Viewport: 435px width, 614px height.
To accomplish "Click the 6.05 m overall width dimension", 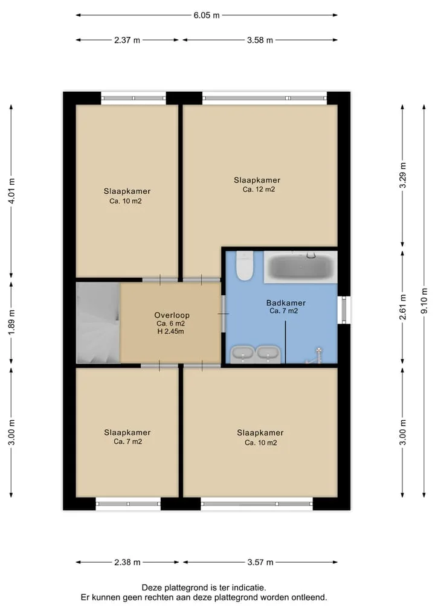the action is pos(207,15).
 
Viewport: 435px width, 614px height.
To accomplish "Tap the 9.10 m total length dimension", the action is pos(424,301).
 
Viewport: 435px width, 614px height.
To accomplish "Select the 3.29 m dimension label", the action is pos(402,175).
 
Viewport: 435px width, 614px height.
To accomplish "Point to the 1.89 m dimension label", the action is pos(11,322).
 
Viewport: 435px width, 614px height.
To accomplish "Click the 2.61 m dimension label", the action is pos(402,307).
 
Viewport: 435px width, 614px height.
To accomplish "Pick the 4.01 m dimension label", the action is pos(11,191).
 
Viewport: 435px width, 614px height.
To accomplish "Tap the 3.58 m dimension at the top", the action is pos(260,40).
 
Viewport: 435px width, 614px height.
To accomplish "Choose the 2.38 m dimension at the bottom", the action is pos(127,562).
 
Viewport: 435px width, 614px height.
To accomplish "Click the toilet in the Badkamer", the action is pos(245,266).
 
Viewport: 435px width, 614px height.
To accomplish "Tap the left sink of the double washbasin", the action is pos(243,354).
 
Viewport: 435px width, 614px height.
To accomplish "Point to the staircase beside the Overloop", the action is pos(98,322).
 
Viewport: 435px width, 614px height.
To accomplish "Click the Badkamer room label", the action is pos(286,302).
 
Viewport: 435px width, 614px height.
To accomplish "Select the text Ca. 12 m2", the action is pos(259,190).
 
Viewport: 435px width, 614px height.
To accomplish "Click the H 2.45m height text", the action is pos(170,331).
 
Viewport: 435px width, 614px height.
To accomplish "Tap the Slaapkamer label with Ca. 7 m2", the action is pos(127,433).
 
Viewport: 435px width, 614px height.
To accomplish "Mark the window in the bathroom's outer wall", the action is pos(344,310).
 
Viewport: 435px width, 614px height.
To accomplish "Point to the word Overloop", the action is pos(172,315).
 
